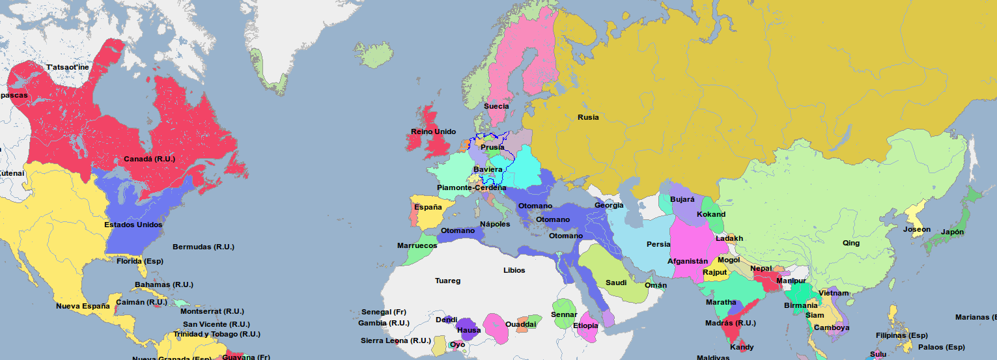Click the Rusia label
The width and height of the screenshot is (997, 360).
587,118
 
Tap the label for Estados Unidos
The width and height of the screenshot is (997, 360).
133,225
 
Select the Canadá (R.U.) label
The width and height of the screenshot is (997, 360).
149,159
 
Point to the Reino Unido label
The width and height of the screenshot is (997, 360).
433,132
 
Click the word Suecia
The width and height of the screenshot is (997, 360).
496,106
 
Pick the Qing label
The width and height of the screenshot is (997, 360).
850,243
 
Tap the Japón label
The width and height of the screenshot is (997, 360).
952,232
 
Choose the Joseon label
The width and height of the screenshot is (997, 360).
916,229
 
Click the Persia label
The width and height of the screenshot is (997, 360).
658,245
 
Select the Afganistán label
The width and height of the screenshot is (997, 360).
687,261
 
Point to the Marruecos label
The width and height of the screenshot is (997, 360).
417,246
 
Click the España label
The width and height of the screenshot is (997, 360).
427,207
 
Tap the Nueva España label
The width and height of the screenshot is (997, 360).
83,306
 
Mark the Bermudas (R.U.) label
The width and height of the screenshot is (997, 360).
203,247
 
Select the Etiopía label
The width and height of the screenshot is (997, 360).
585,325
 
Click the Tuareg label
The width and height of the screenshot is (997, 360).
447,281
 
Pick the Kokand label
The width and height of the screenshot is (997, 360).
710,214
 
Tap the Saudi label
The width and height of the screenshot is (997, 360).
615,283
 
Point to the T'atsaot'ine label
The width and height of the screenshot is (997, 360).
68,67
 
